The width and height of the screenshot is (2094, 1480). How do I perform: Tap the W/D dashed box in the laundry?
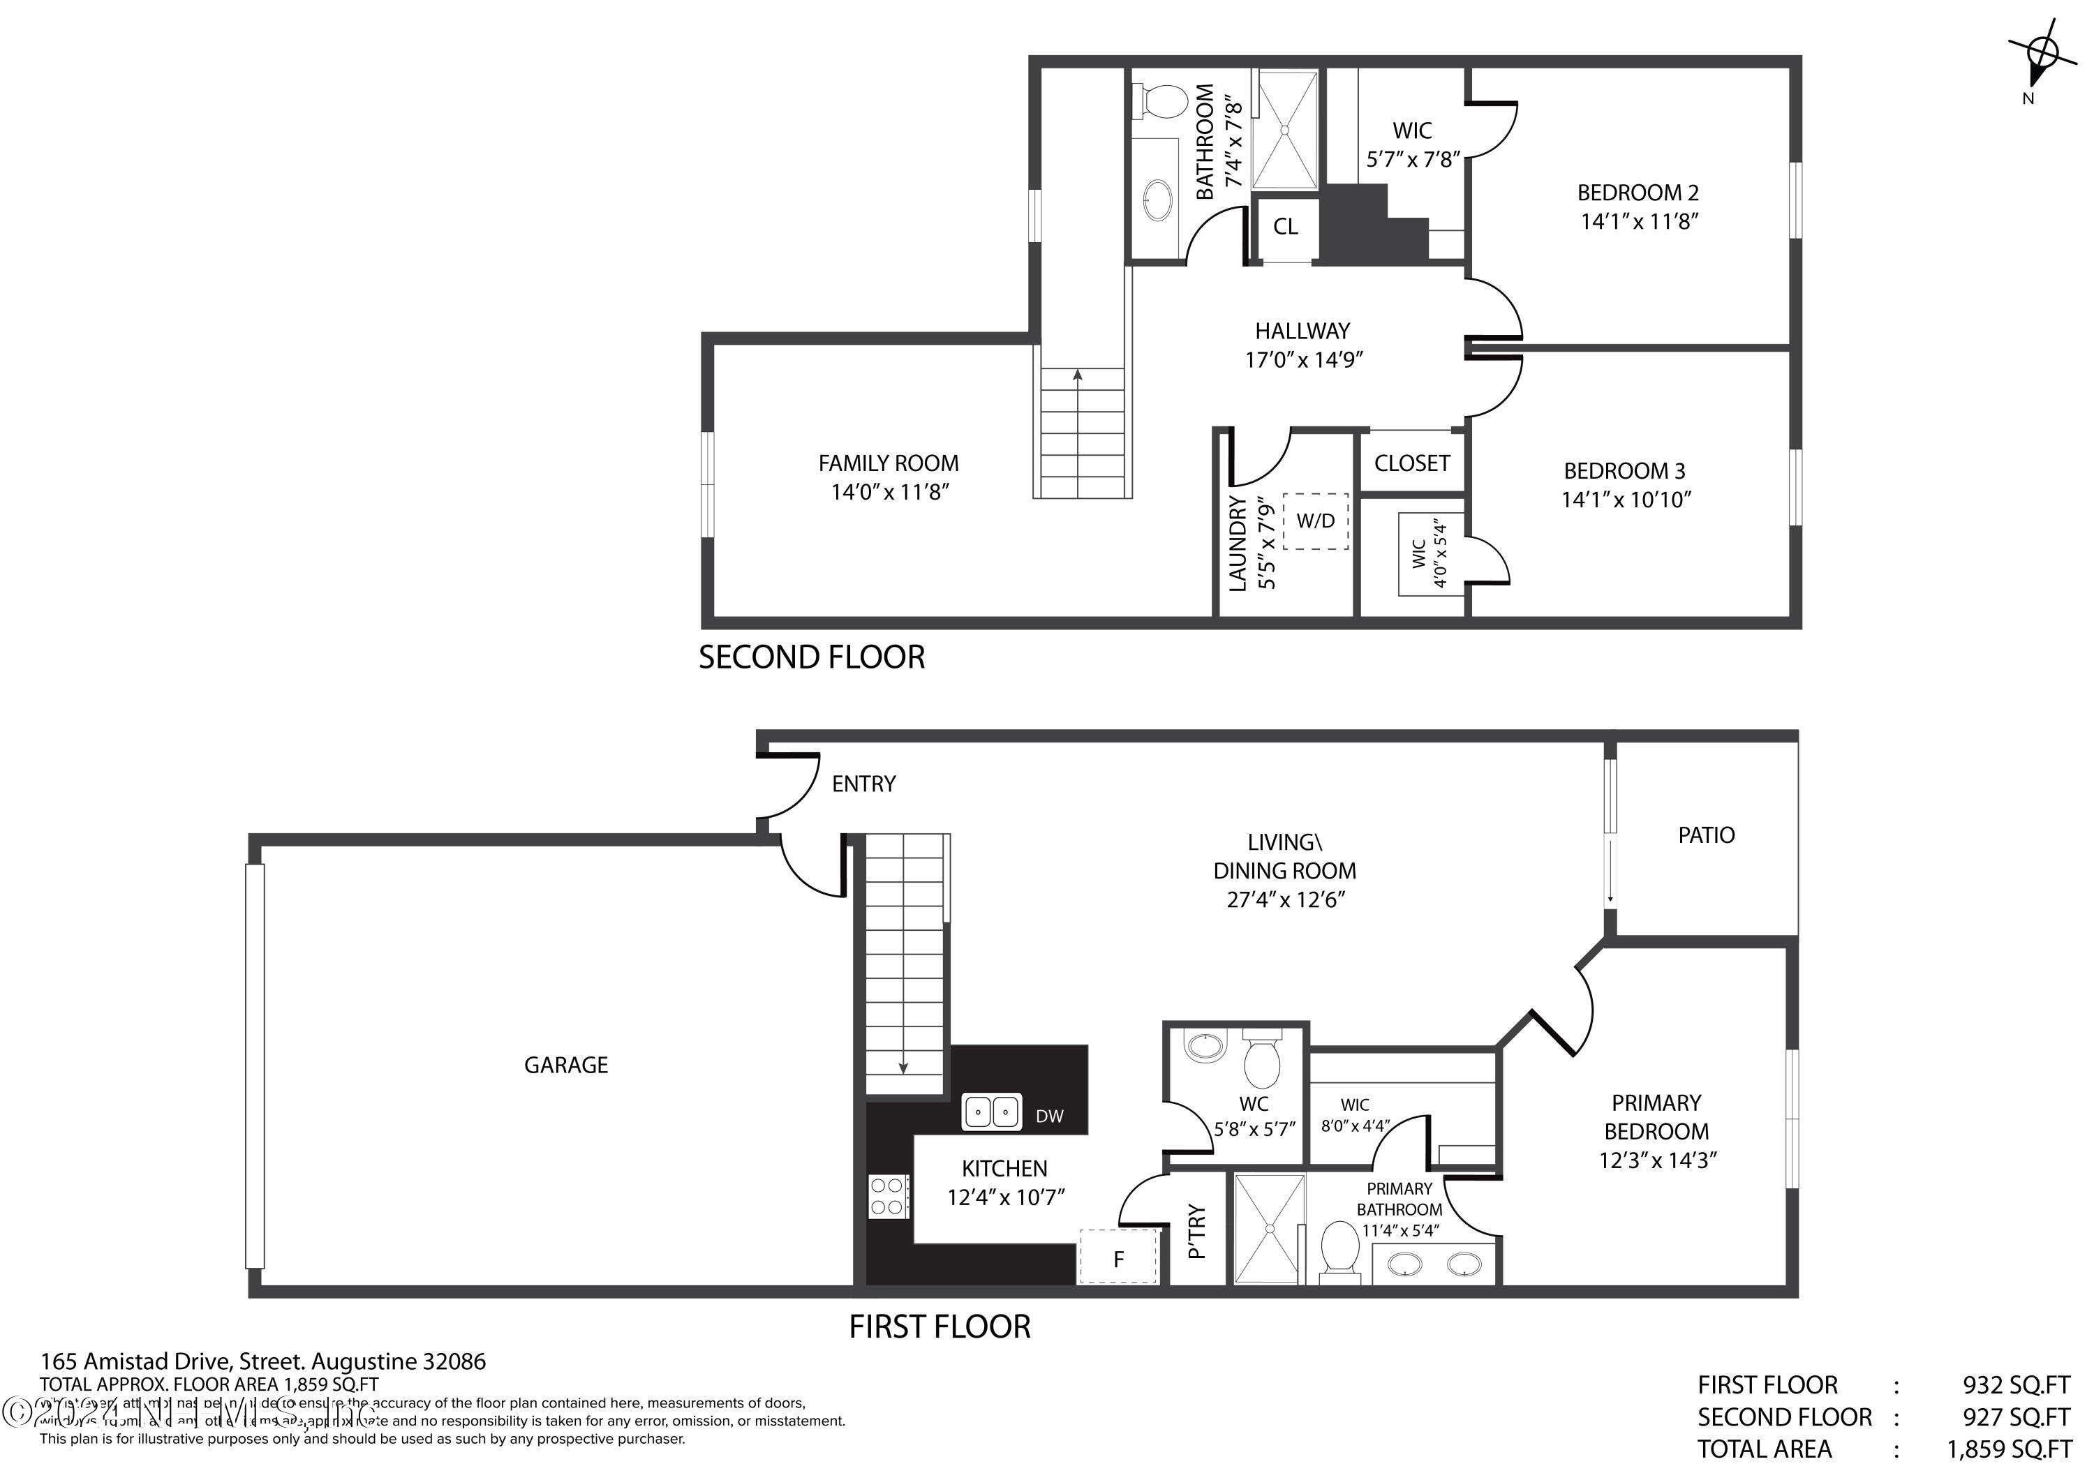point(1315,521)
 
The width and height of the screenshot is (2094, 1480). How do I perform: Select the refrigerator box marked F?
point(1118,1257)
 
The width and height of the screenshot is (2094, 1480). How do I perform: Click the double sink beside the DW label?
point(991,1112)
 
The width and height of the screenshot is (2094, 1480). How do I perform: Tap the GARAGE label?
point(565,1064)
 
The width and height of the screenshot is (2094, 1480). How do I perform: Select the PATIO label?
point(1705,835)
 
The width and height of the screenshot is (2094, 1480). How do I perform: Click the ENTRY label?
point(863,784)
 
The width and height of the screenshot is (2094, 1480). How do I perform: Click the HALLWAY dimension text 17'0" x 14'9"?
point(1303,359)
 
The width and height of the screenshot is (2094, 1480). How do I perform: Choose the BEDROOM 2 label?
point(1638,193)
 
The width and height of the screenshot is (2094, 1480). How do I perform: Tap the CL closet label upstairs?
point(1285,226)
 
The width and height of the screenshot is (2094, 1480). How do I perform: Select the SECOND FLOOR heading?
point(811,657)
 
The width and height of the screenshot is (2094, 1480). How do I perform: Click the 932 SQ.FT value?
point(2016,1384)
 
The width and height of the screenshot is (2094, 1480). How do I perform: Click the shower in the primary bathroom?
point(1269,1228)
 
